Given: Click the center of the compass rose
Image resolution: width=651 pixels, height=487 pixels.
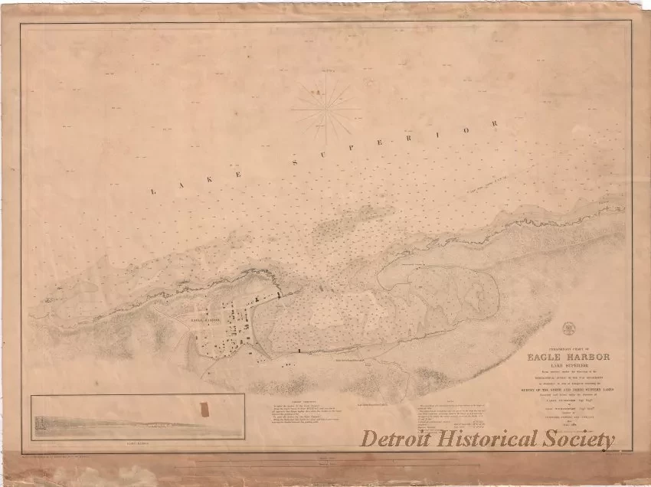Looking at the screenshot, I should (x=326, y=109).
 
